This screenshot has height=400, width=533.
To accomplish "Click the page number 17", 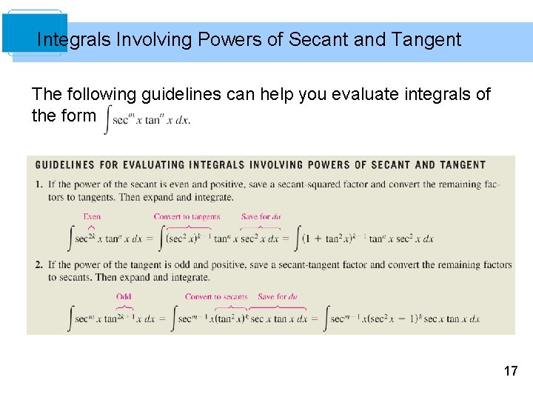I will [511, 370].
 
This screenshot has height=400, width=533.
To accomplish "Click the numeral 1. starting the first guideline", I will [38, 184].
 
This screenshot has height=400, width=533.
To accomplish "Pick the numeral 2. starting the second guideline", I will [38, 264].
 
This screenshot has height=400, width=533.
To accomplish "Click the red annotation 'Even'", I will [92, 217].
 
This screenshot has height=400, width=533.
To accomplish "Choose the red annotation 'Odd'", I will [124, 297].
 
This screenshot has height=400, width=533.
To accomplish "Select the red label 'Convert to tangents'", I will [187, 217].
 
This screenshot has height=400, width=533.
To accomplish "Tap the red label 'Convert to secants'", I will [216, 297].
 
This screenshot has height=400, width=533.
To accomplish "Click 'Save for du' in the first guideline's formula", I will [261, 217].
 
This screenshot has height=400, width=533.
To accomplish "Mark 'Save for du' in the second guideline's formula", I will [277, 297].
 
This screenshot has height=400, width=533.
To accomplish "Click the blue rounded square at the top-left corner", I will [34, 33].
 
